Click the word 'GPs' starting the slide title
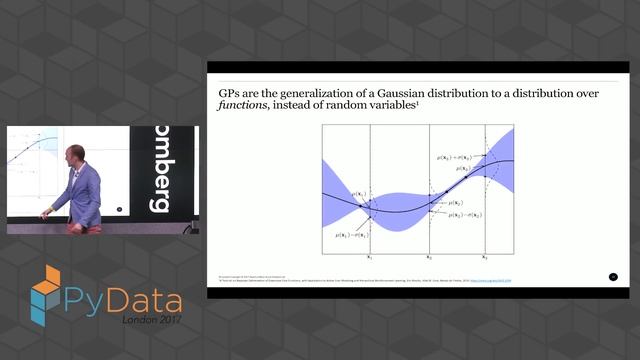[x=231, y=85]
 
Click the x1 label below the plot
[x=371, y=256]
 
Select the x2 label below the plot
[x=430, y=256]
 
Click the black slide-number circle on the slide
[x=613, y=276]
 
